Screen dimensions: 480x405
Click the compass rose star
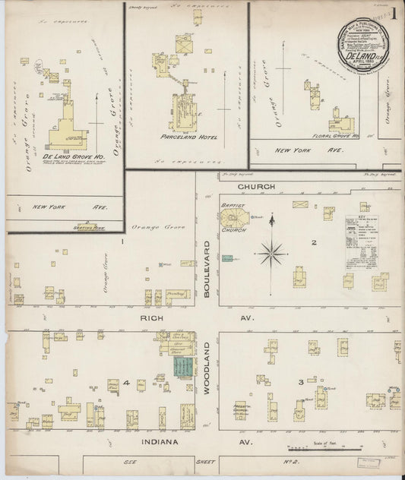pyautogui.click(x=271, y=253)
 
